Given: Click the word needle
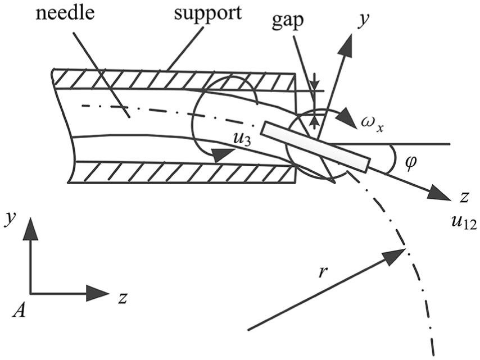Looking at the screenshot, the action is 65,13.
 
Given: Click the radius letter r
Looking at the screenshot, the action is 321,272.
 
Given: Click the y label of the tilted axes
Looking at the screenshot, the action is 363,21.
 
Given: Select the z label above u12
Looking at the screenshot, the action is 464,198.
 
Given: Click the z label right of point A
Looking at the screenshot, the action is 123,298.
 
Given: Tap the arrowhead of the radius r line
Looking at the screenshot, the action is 393,256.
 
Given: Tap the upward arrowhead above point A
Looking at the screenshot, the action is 30,229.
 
